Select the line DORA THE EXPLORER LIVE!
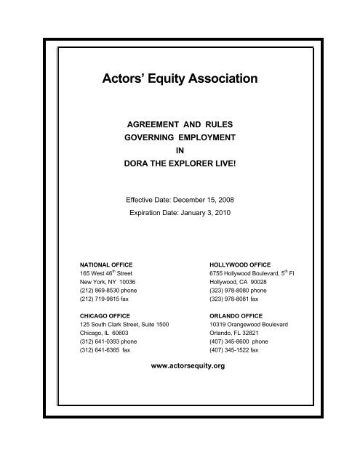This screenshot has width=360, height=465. [180, 164]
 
